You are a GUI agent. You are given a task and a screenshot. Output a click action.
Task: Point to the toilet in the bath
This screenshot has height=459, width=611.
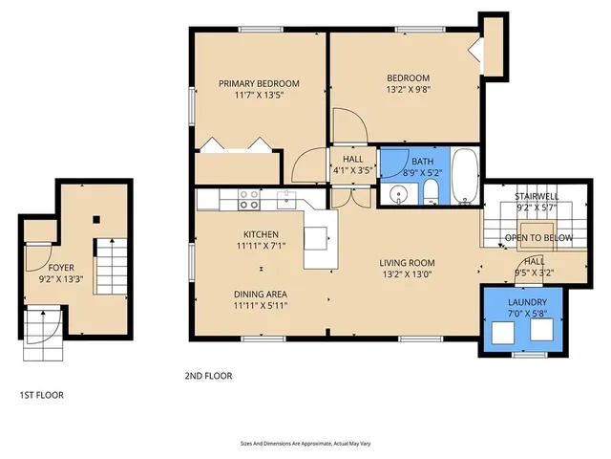(x=431, y=194)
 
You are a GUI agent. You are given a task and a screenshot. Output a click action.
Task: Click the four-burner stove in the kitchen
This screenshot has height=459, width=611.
(x=249, y=199)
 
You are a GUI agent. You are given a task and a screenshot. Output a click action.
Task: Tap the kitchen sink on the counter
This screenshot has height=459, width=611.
(x=285, y=199)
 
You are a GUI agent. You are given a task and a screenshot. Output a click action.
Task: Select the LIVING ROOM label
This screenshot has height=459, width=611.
(x=408, y=263)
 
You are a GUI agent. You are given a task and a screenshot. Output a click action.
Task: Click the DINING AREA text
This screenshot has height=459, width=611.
(x=261, y=294)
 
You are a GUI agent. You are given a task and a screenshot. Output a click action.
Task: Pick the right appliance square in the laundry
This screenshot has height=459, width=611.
(x=542, y=330)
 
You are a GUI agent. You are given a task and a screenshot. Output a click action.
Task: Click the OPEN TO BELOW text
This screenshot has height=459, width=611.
(x=538, y=237)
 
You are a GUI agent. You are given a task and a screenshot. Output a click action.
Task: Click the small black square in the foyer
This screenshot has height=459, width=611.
(x=95, y=220)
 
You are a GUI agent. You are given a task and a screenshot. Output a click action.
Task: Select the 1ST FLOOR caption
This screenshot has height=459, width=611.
(x=43, y=394)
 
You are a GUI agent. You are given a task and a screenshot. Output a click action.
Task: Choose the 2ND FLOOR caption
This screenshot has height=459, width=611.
(x=208, y=376)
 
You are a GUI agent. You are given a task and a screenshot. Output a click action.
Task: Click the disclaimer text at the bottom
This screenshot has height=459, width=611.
(x=305, y=444)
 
